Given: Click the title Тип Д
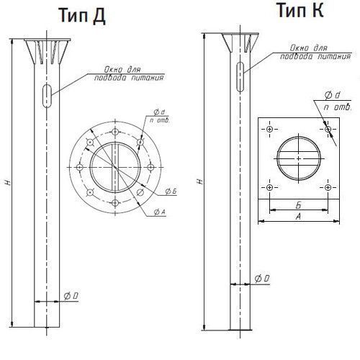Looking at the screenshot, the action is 82,15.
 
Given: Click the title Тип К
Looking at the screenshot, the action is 300,10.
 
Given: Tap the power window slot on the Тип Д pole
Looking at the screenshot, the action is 47,96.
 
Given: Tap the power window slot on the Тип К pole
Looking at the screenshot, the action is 240,77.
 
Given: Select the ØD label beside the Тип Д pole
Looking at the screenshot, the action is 71,296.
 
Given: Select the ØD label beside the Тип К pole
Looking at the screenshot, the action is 262,279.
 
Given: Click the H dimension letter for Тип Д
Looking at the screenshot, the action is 8,182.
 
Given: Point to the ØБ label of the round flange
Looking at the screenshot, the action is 171,192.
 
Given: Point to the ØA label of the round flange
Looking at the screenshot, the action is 160,212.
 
